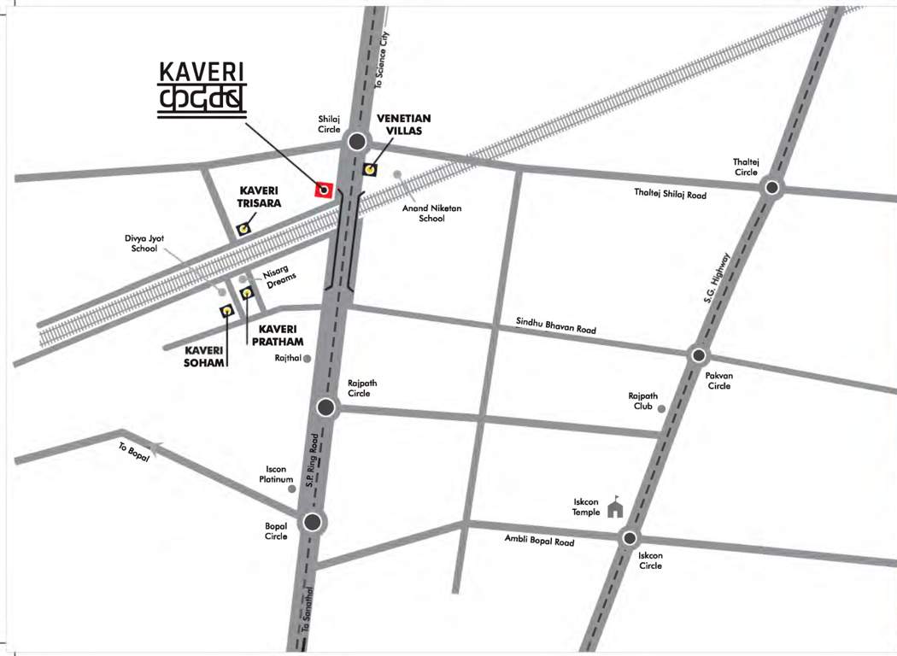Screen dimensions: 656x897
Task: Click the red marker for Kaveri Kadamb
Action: pos(324,190)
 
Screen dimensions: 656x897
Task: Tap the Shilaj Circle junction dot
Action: pos(357,142)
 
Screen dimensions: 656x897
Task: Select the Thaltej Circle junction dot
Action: pos(771,188)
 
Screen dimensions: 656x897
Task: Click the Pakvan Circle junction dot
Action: pos(699,355)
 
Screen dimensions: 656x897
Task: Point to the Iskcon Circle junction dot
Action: pos(630,538)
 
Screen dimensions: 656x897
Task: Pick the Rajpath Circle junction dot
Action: pos(325,407)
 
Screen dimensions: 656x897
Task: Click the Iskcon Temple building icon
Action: pos(614,509)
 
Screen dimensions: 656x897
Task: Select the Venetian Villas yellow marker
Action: pos(370,168)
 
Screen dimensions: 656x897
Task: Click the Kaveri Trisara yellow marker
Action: pos(244,228)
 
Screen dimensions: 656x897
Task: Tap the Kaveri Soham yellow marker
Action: pos(227,311)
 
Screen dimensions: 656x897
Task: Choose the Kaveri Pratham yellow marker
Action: pos(247,294)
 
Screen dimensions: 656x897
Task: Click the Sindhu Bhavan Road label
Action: pos(556,325)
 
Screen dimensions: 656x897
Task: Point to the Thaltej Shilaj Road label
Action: pos(671,194)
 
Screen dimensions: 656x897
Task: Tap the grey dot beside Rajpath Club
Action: pos(661,408)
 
